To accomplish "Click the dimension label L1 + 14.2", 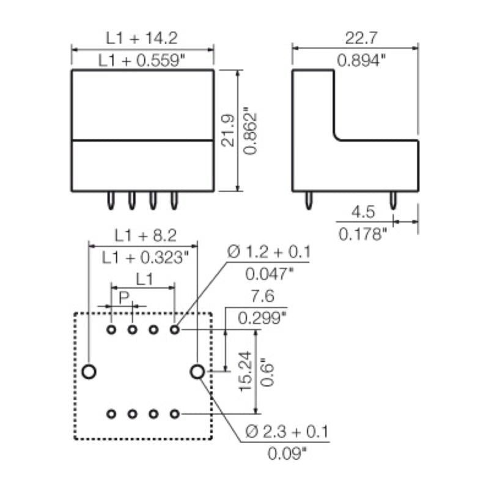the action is click(x=141, y=38).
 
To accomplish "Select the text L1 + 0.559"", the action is click(x=141, y=60).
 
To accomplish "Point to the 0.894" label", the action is click(x=361, y=60).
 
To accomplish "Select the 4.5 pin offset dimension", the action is click(x=362, y=211).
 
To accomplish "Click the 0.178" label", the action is click(x=362, y=233).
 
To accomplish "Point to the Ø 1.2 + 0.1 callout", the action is click(x=269, y=251).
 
